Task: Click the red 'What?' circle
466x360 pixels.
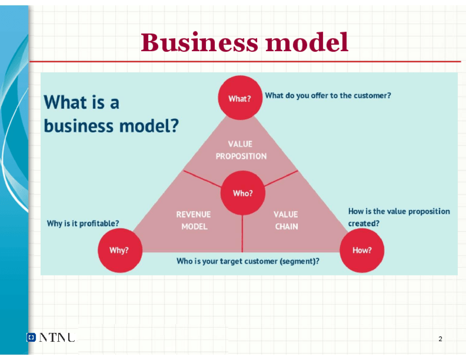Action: pyautogui.click(x=240, y=98)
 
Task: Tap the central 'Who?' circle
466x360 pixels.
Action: pyautogui.click(x=242, y=193)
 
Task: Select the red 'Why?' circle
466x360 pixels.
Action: pyautogui.click(x=119, y=250)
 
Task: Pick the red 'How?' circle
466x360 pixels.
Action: pyautogui.click(x=362, y=250)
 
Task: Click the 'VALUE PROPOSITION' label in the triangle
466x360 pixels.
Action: pyautogui.click(x=241, y=150)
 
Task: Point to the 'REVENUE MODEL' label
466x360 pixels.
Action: pyautogui.click(x=193, y=220)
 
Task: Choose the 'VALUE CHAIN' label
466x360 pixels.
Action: pyautogui.click(x=286, y=220)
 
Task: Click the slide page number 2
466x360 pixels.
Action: pyautogui.click(x=440, y=339)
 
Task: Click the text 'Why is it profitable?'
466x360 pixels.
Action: pyautogui.click(x=83, y=223)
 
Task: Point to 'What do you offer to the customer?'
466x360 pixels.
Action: pyautogui.click(x=328, y=95)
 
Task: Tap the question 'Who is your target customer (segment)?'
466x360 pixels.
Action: pyautogui.click(x=248, y=261)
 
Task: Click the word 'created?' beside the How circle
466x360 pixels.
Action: pyautogui.click(x=363, y=223)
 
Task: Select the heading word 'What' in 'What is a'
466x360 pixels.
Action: pyautogui.click(x=65, y=102)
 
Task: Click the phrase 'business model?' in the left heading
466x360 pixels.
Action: pyautogui.click(x=111, y=126)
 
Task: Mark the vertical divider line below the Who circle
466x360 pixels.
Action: pyautogui.click(x=242, y=233)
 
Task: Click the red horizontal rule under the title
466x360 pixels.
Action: pyautogui.click(x=245, y=62)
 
